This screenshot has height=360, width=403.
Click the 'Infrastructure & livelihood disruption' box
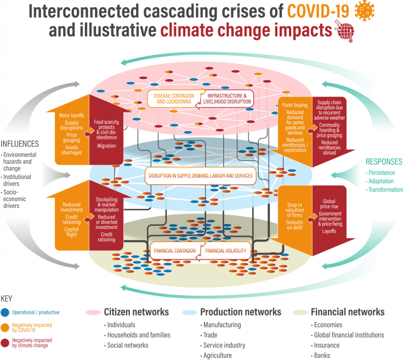[x=230, y=98]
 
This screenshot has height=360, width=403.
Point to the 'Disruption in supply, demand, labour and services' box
[x=200, y=176]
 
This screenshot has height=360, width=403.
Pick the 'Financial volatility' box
[x=227, y=251]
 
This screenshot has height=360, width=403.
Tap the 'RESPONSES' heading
[x=384, y=162]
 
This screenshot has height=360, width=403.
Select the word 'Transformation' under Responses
[x=385, y=190]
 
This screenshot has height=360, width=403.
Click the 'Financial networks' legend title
[x=348, y=312]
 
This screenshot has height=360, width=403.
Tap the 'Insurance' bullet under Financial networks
[x=326, y=345]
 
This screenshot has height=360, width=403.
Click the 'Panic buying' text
[x=293, y=104]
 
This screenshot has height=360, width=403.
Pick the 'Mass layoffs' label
[x=71, y=115]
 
